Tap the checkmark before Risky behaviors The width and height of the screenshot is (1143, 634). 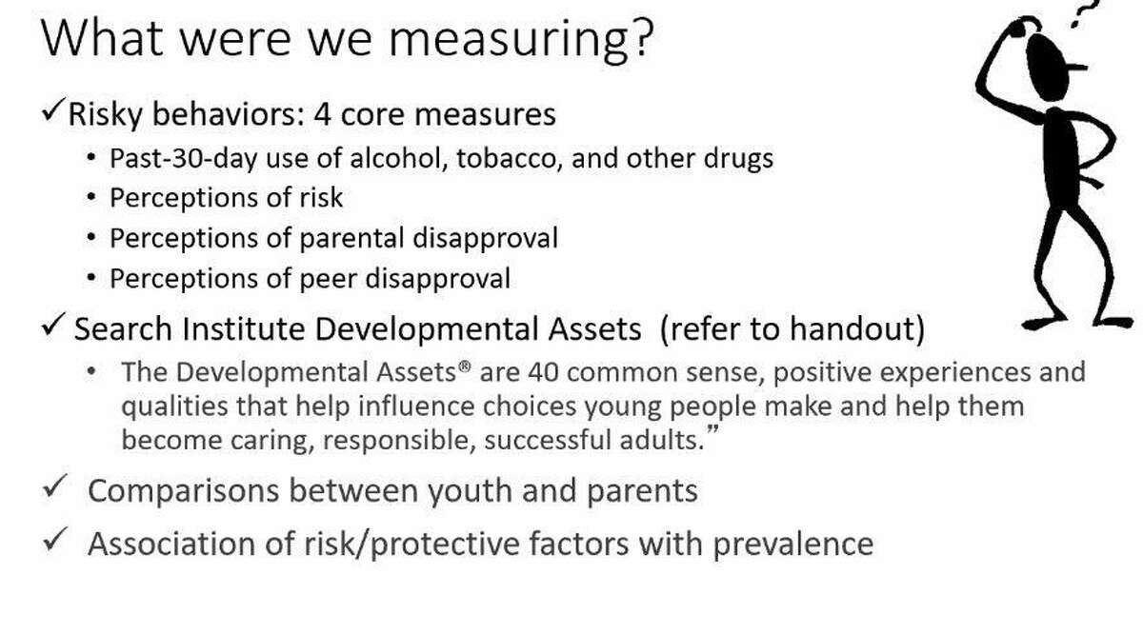tap(54, 109)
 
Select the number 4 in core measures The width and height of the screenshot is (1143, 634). tap(323, 113)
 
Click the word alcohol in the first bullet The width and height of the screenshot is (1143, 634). tap(398, 158)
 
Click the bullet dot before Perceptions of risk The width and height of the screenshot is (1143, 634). tap(91, 197)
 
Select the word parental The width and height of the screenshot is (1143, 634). tap(351, 239)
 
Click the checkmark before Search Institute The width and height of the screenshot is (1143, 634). tap(53, 325)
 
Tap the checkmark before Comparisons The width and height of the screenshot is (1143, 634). tap(55, 485)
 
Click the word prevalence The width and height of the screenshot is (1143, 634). tap(792, 545)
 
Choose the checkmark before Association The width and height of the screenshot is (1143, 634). tap(55, 539)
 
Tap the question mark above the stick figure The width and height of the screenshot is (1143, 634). tap(1084, 12)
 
